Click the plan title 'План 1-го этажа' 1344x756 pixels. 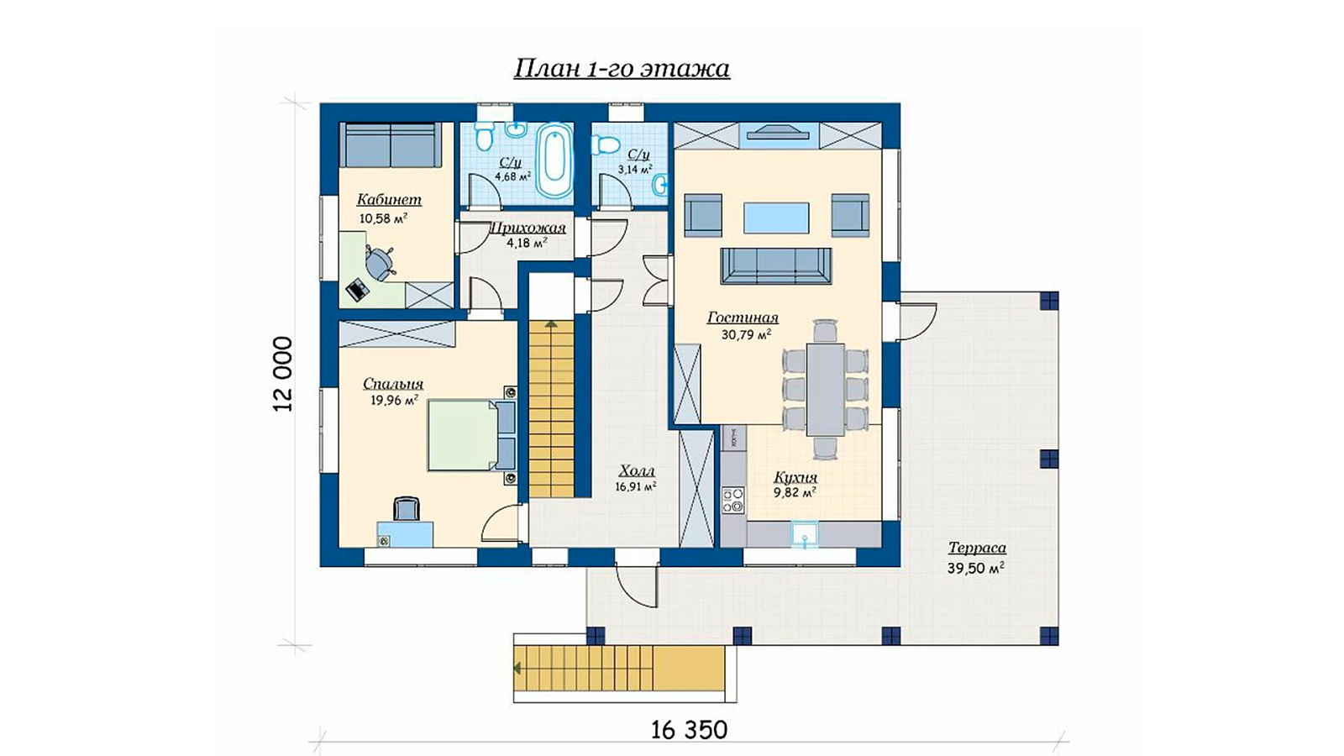(x=622, y=69)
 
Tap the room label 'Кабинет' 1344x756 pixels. (x=389, y=199)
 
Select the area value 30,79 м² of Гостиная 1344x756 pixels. (x=746, y=334)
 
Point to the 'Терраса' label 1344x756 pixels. (x=977, y=548)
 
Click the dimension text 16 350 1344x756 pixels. (x=689, y=730)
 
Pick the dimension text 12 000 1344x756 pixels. (x=282, y=374)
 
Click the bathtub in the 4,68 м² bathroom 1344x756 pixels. (x=554, y=160)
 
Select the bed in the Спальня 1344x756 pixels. (x=471, y=436)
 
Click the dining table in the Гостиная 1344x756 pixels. (x=825, y=390)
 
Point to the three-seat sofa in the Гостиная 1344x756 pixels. (x=776, y=265)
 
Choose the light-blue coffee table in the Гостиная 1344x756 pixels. (x=776, y=218)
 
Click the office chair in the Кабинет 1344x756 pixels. (x=380, y=263)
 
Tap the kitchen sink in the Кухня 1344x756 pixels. (x=804, y=535)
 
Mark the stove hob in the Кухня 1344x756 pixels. (x=732, y=501)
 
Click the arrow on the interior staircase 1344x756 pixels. (x=551, y=324)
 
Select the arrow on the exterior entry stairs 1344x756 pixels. (x=517, y=668)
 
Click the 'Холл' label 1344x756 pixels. (x=636, y=471)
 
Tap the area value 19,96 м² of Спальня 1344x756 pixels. (x=394, y=400)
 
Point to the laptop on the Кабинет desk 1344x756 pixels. (x=358, y=291)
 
